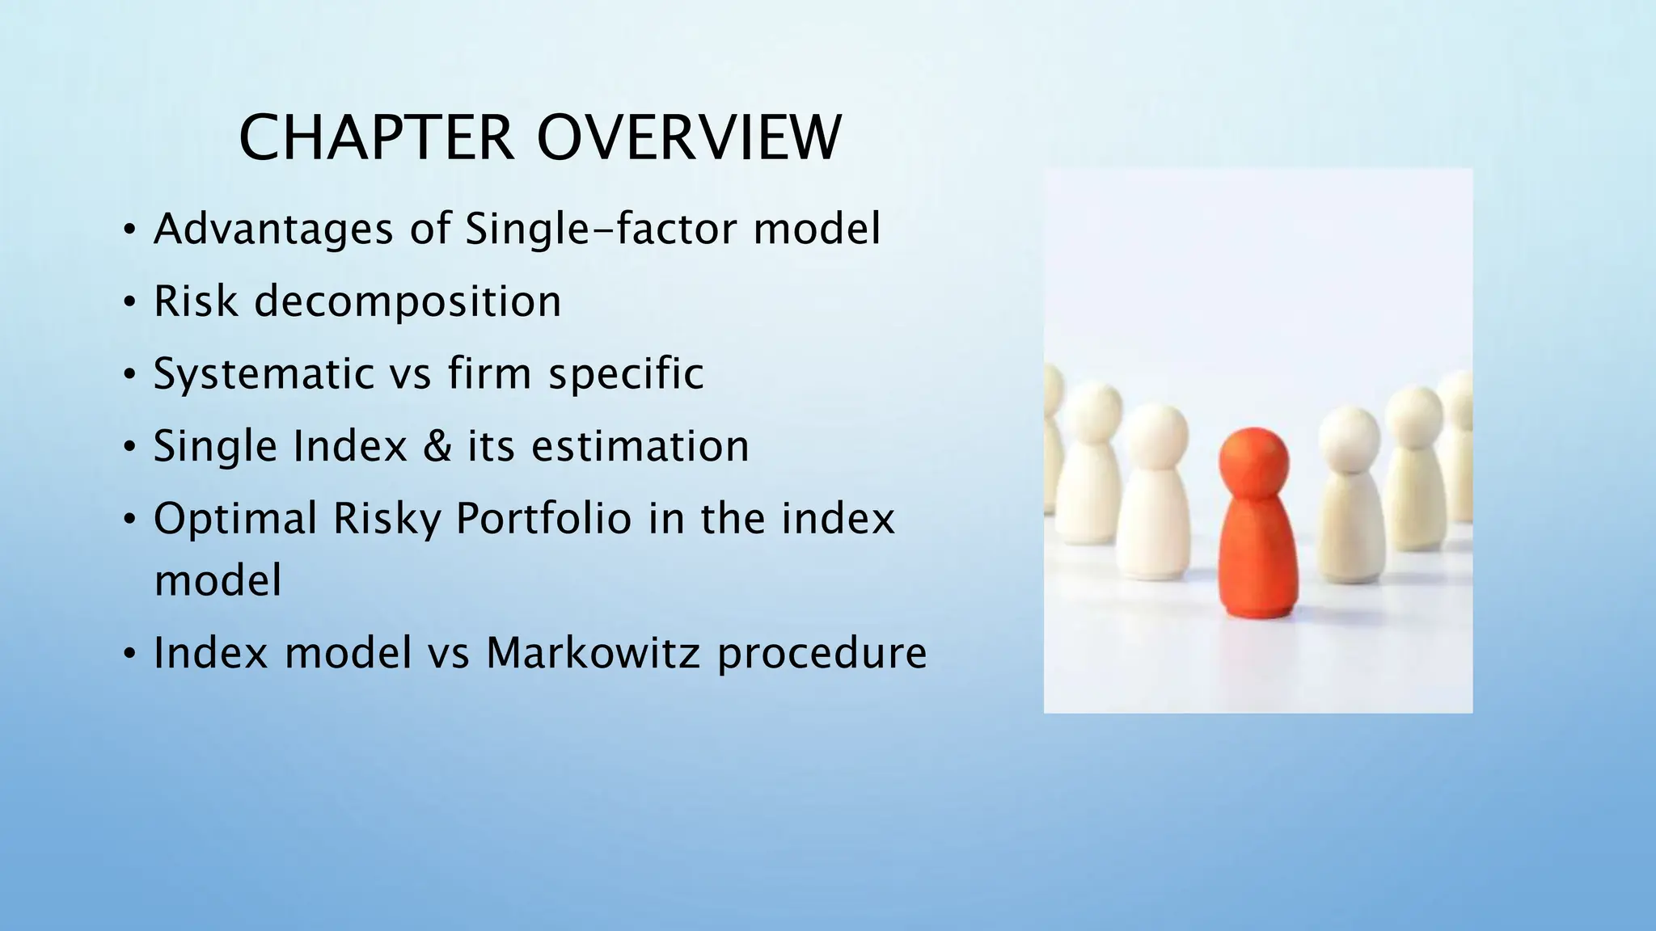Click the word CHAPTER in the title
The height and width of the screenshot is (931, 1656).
(376, 138)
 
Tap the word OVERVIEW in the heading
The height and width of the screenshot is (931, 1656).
(689, 138)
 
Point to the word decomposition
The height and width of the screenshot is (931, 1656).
(408, 301)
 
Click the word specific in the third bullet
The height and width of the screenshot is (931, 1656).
(626, 373)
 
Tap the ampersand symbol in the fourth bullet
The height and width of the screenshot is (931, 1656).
(437, 446)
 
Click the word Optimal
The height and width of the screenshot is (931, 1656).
(235, 518)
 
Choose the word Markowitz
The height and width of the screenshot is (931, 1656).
(593, 652)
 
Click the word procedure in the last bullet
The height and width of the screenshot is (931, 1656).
(822, 654)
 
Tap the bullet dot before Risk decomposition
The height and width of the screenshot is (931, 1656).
(129, 303)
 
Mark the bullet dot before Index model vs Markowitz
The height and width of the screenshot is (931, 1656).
(129, 654)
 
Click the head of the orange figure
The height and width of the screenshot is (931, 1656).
(1254, 457)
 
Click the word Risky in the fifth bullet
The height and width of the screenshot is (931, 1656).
(387, 520)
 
